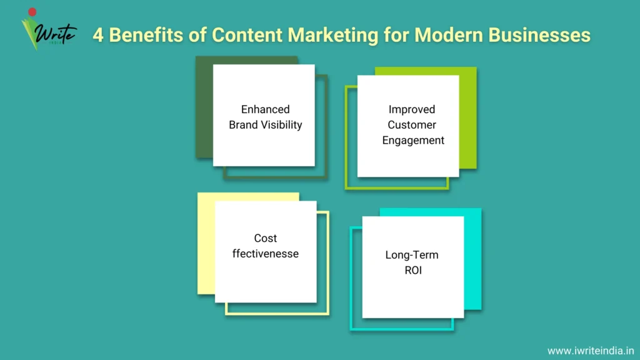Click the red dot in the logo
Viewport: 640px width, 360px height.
pyautogui.click(x=32, y=12)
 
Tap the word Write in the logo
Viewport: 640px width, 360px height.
pyautogui.click(x=55, y=32)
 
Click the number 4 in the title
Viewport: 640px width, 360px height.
pyautogui.click(x=98, y=35)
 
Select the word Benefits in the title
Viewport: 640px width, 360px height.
pyautogui.click(x=146, y=35)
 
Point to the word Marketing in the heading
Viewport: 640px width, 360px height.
pyautogui.click(x=332, y=36)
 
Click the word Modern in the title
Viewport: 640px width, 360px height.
pyautogui.click(x=449, y=35)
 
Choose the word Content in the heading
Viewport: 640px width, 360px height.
pyautogui.click(x=247, y=35)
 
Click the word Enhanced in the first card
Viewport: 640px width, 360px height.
pyautogui.click(x=265, y=109)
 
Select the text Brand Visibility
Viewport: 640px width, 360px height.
pyautogui.click(x=265, y=125)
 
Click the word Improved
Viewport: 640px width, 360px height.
pyautogui.click(x=412, y=110)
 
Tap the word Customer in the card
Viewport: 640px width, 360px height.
pyautogui.click(x=412, y=125)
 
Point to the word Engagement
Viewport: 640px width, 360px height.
pyautogui.click(x=413, y=141)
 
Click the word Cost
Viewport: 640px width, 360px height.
pyautogui.click(x=265, y=238)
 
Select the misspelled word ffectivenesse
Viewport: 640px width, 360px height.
pyautogui.click(x=265, y=254)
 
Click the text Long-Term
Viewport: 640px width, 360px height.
pyautogui.click(x=412, y=255)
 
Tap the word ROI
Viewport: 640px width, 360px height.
pyautogui.click(x=413, y=270)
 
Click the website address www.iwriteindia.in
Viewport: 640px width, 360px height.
pyautogui.click(x=591, y=351)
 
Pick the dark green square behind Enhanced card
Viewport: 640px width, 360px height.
pyautogui.click(x=204, y=107)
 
